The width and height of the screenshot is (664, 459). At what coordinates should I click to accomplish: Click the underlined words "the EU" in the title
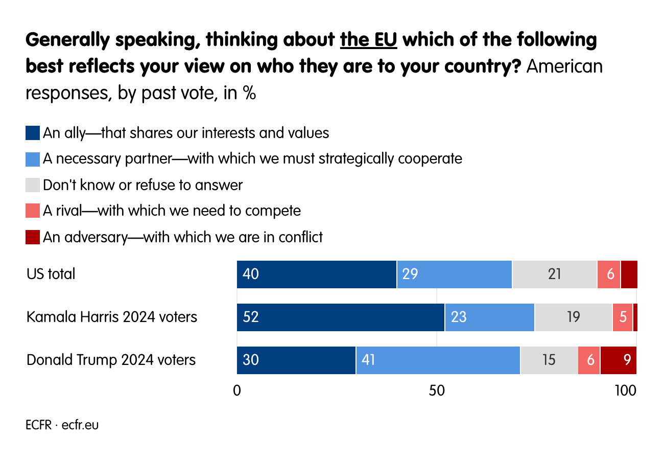coord(368,40)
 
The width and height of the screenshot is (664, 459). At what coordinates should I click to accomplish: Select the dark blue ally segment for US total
coord(316,274)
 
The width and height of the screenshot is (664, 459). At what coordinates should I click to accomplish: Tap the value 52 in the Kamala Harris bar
coord(251,317)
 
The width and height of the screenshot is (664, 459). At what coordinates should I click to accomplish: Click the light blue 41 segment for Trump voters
coord(438,360)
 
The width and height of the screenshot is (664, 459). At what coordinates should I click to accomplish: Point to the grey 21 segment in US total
coord(554,274)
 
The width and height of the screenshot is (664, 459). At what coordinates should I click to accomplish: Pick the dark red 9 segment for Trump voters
coord(619,360)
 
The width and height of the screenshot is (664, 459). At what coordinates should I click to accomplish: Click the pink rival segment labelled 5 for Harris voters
coord(622,317)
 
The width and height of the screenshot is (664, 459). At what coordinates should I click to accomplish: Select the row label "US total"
coord(51,274)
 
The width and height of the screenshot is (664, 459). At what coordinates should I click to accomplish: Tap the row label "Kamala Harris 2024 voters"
coord(111,317)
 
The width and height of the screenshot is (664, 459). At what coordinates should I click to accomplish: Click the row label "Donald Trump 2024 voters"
coord(111,360)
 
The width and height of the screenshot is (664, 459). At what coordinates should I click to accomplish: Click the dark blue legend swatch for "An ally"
coord(32,133)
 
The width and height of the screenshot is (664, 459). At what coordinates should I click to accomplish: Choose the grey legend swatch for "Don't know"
coord(32,185)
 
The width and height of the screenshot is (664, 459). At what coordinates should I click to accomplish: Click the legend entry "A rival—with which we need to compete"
coord(172,211)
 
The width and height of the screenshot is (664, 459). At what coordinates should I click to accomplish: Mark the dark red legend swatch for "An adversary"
coord(32,237)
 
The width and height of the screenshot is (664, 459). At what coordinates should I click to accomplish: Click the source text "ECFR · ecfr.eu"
coord(62,425)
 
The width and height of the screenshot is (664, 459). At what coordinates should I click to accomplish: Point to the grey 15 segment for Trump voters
coord(549,360)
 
